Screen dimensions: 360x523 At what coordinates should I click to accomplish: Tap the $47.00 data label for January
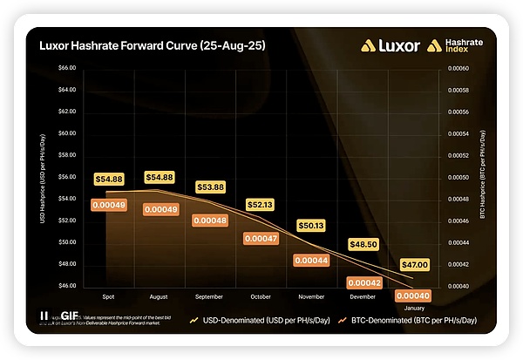point(413,265)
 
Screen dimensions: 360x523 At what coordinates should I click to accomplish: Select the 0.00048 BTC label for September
point(209,221)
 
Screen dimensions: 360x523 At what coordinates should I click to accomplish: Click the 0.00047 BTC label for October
point(260,238)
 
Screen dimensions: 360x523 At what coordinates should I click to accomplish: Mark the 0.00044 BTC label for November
point(311,260)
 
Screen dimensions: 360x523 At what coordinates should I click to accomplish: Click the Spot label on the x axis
point(109,295)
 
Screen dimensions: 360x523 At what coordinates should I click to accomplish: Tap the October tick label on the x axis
point(261,295)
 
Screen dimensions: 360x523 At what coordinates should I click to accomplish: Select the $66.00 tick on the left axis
point(67,68)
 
